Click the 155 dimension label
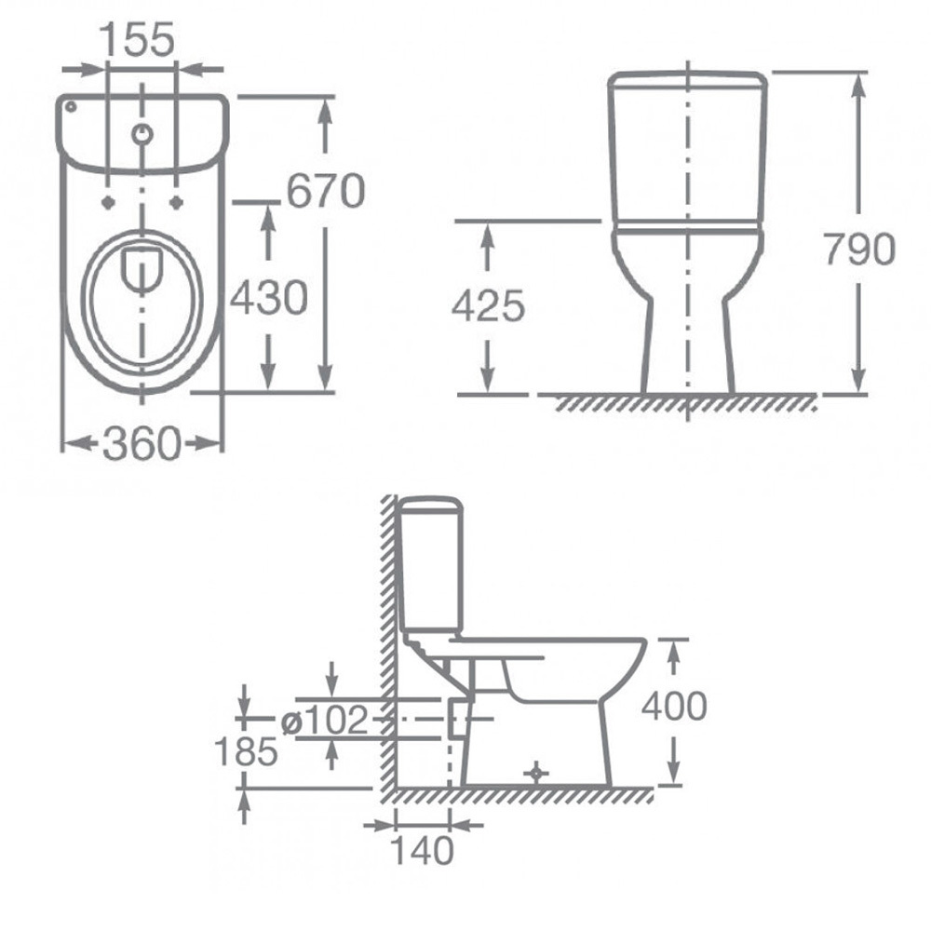coord(137,40)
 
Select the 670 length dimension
coord(325,191)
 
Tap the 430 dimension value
coord(268,298)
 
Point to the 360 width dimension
coord(142,443)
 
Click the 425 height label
coord(488,306)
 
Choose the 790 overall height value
coord(858,249)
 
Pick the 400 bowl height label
coord(674,706)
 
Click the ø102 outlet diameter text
coord(325,721)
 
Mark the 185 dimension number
coord(245,750)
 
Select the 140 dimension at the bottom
coord(422,850)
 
